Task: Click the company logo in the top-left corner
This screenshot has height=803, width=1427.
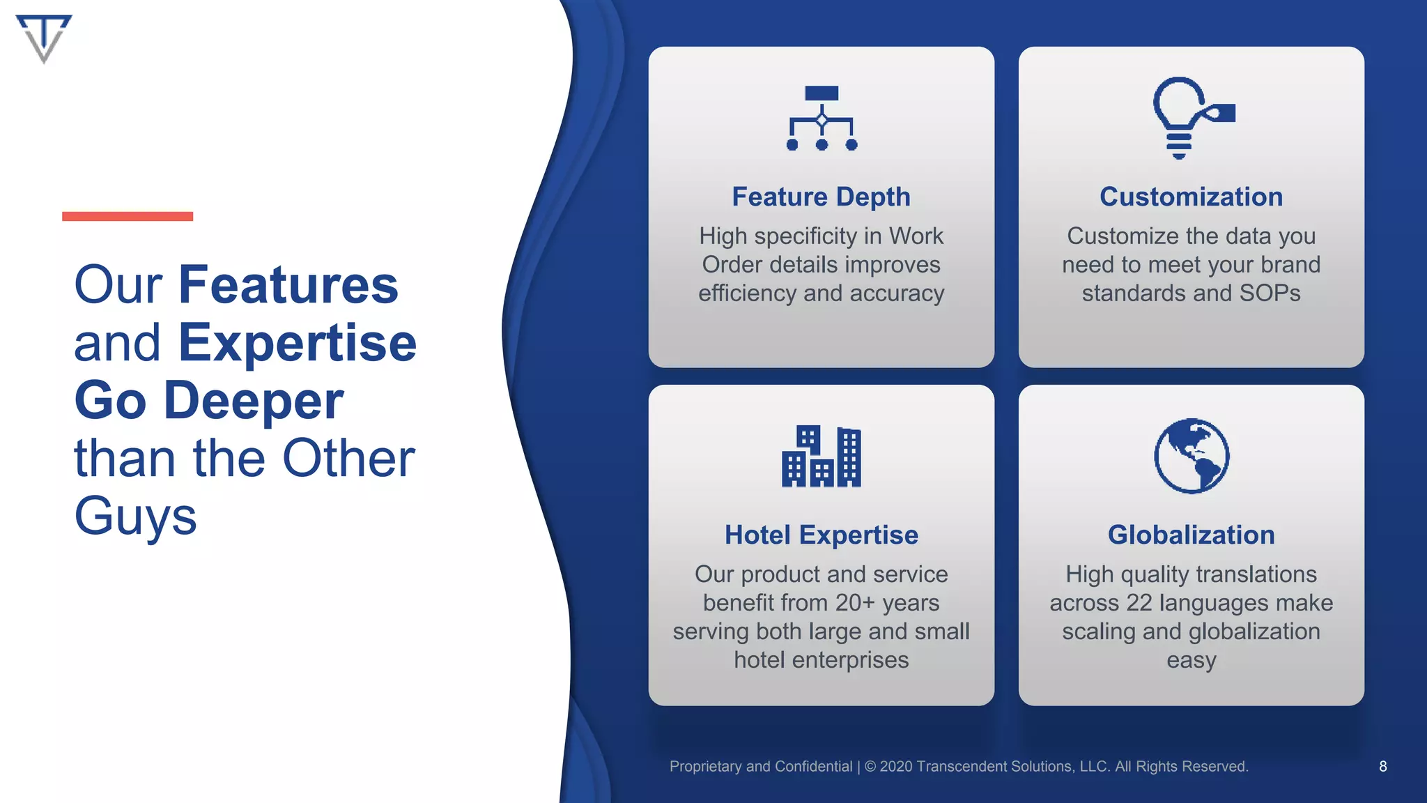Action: [x=43, y=38]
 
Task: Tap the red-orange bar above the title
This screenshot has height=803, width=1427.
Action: [x=128, y=216]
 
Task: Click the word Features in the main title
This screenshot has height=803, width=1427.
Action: [x=288, y=285]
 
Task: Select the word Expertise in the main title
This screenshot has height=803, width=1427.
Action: [x=298, y=343]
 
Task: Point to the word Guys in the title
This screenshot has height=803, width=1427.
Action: [x=135, y=517]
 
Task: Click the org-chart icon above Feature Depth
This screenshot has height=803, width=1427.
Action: [x=822, y=118]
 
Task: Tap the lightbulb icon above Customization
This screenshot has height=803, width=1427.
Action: [x=1191, y=117]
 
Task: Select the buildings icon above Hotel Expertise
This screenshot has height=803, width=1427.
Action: [x=822, y=457]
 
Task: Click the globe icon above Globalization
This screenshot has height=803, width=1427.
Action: [x=1191, y=456]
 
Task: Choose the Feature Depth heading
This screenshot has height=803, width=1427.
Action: [x=821, y=197]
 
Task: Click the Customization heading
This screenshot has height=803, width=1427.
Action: [x=1191, y=197]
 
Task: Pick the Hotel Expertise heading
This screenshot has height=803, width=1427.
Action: [x=821, y=535]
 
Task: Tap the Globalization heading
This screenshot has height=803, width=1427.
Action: [x=1191, y=535]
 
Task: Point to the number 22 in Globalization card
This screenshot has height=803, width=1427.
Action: [x=1139, y=603]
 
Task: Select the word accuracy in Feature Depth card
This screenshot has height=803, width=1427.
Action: [x=897, y=293]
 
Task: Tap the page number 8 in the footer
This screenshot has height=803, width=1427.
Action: [x=1382, y=767]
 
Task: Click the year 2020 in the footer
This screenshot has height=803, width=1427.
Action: [x=896, y=767]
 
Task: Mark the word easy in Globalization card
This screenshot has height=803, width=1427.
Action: [x=1191, y=660]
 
